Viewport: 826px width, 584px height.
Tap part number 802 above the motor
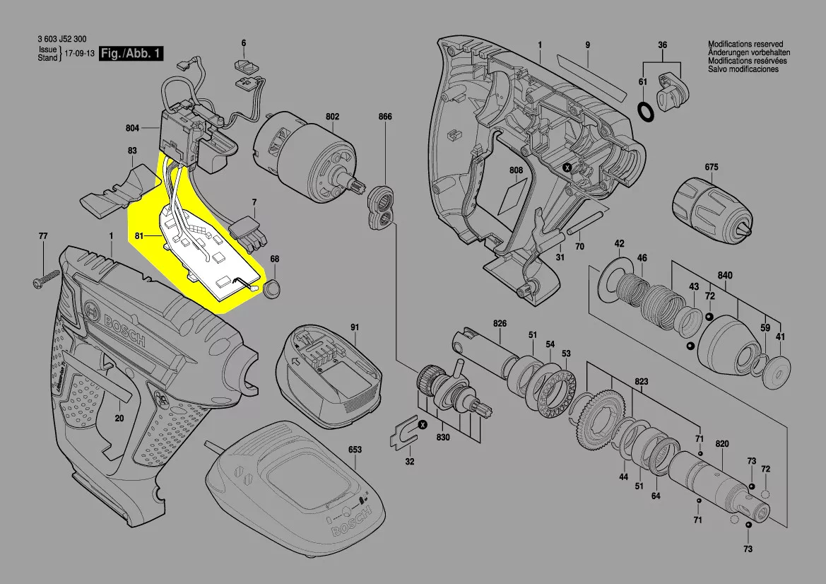(x=332, y=117)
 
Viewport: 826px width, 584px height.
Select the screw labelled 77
(x=43, y=281)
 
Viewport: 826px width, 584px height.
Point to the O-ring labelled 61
(x=644, y=111)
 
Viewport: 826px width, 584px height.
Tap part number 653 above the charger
(x=355, y=450)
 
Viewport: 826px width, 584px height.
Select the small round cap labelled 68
(x=272, y=288)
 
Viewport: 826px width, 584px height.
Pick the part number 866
(x=384, y=117)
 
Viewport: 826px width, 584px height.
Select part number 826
(x=500, y=323)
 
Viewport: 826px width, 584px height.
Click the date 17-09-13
(x=80, y=54)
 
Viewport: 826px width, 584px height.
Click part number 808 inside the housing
(x=516, y=170)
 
